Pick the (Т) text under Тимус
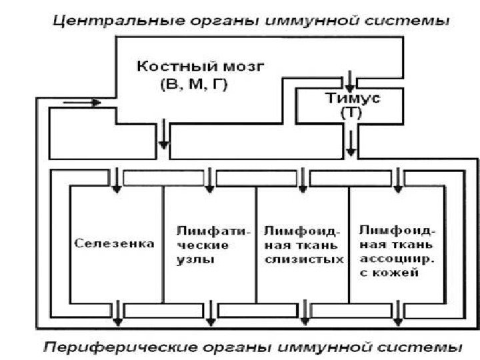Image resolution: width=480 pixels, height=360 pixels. (351, 113)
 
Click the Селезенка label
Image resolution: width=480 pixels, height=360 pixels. (115, 243)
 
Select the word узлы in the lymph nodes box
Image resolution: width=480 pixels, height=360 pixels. (195, 259)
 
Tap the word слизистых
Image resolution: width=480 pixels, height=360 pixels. (303, 259)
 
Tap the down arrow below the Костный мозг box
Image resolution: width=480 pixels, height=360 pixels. (163, 136)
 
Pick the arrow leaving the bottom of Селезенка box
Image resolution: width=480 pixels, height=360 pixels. (117, 313)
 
